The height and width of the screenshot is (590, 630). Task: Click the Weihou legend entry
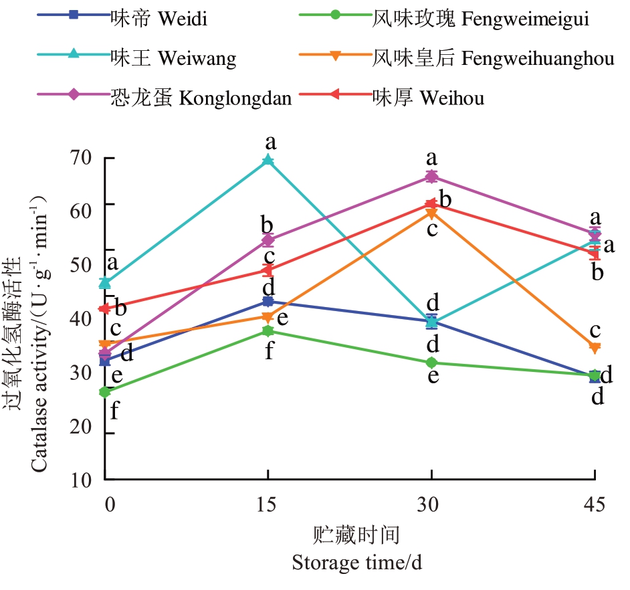[428, 98]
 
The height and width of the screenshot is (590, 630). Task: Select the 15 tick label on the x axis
[268, 504]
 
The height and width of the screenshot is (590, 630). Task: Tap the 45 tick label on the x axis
[594, 504]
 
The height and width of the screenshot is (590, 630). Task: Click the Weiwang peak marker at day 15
[268, 160]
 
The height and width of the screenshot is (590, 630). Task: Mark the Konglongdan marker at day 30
[431, 177]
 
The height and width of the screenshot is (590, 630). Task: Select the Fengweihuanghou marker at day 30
[431, 213]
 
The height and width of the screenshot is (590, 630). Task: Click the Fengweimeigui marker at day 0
[104, 392]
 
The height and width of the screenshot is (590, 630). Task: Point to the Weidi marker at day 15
[268, 302]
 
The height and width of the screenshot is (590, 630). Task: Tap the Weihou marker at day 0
[104, 308]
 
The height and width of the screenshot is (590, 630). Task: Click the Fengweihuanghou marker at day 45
[595, 347]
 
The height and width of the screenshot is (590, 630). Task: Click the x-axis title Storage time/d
[356, 563]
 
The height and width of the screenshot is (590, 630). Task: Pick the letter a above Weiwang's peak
[270, 142]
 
